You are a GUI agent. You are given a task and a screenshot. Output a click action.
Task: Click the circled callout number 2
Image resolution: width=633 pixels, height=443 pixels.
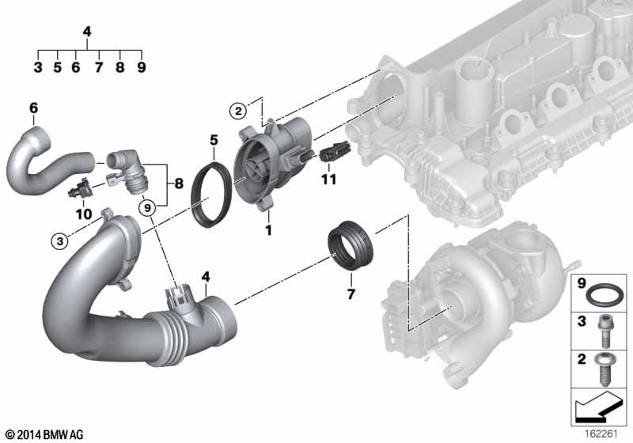[238, 111]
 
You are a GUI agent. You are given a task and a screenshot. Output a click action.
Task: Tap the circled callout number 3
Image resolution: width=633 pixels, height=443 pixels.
[60, 241]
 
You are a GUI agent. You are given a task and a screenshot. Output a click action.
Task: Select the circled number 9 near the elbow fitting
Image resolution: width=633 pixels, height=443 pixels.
[147, 208]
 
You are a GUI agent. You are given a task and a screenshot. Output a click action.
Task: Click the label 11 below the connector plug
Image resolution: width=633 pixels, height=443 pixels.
[328, 179]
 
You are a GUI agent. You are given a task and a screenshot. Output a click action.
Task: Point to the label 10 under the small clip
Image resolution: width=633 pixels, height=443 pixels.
[84, 214]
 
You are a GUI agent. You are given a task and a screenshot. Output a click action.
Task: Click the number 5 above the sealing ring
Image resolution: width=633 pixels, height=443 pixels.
[214, 140]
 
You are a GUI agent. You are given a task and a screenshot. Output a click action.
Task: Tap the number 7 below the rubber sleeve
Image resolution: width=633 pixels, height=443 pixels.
[351, 294]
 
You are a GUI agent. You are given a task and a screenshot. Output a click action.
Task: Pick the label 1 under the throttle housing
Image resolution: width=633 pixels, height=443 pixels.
[268, 230]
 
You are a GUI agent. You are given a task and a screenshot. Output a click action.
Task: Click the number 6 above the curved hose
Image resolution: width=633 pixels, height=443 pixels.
[33, 108]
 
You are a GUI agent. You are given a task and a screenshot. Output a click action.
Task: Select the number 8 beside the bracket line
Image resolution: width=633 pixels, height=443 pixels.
[179, 184]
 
